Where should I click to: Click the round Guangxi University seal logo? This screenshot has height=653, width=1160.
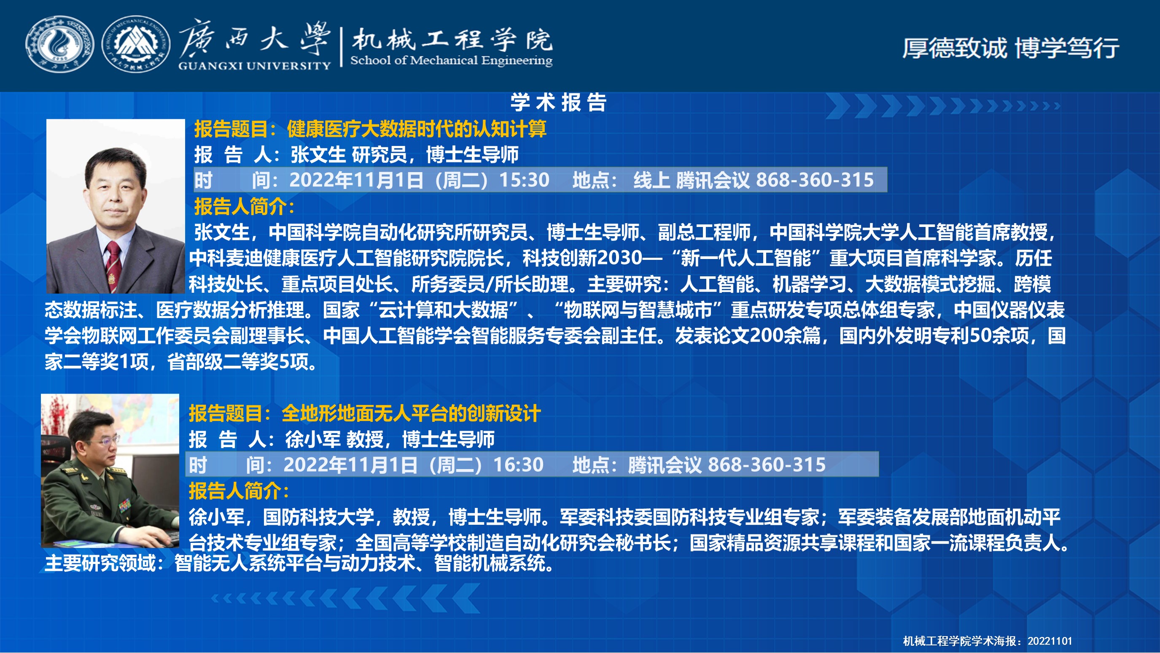click(59, 44)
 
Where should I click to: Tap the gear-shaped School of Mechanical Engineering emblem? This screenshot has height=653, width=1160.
click(136, 44)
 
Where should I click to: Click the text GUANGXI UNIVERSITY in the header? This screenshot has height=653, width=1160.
click(254, 66)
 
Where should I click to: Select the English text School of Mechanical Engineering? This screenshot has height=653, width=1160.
click(451, 60)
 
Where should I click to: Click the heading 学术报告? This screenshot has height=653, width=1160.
click(559, 102)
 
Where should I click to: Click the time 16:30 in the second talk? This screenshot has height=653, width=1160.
click(518, 465)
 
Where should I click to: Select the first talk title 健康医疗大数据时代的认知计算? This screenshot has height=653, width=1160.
click(417, 129)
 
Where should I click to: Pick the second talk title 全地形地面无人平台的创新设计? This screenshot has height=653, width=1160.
click(411, 413)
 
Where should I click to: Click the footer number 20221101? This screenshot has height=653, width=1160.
click(1050, 641)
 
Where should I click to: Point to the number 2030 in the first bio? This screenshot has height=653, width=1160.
click(619, 258)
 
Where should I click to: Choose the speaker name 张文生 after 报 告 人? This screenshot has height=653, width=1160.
click(318, 155)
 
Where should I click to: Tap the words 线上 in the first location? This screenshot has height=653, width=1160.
click(652, 180)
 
